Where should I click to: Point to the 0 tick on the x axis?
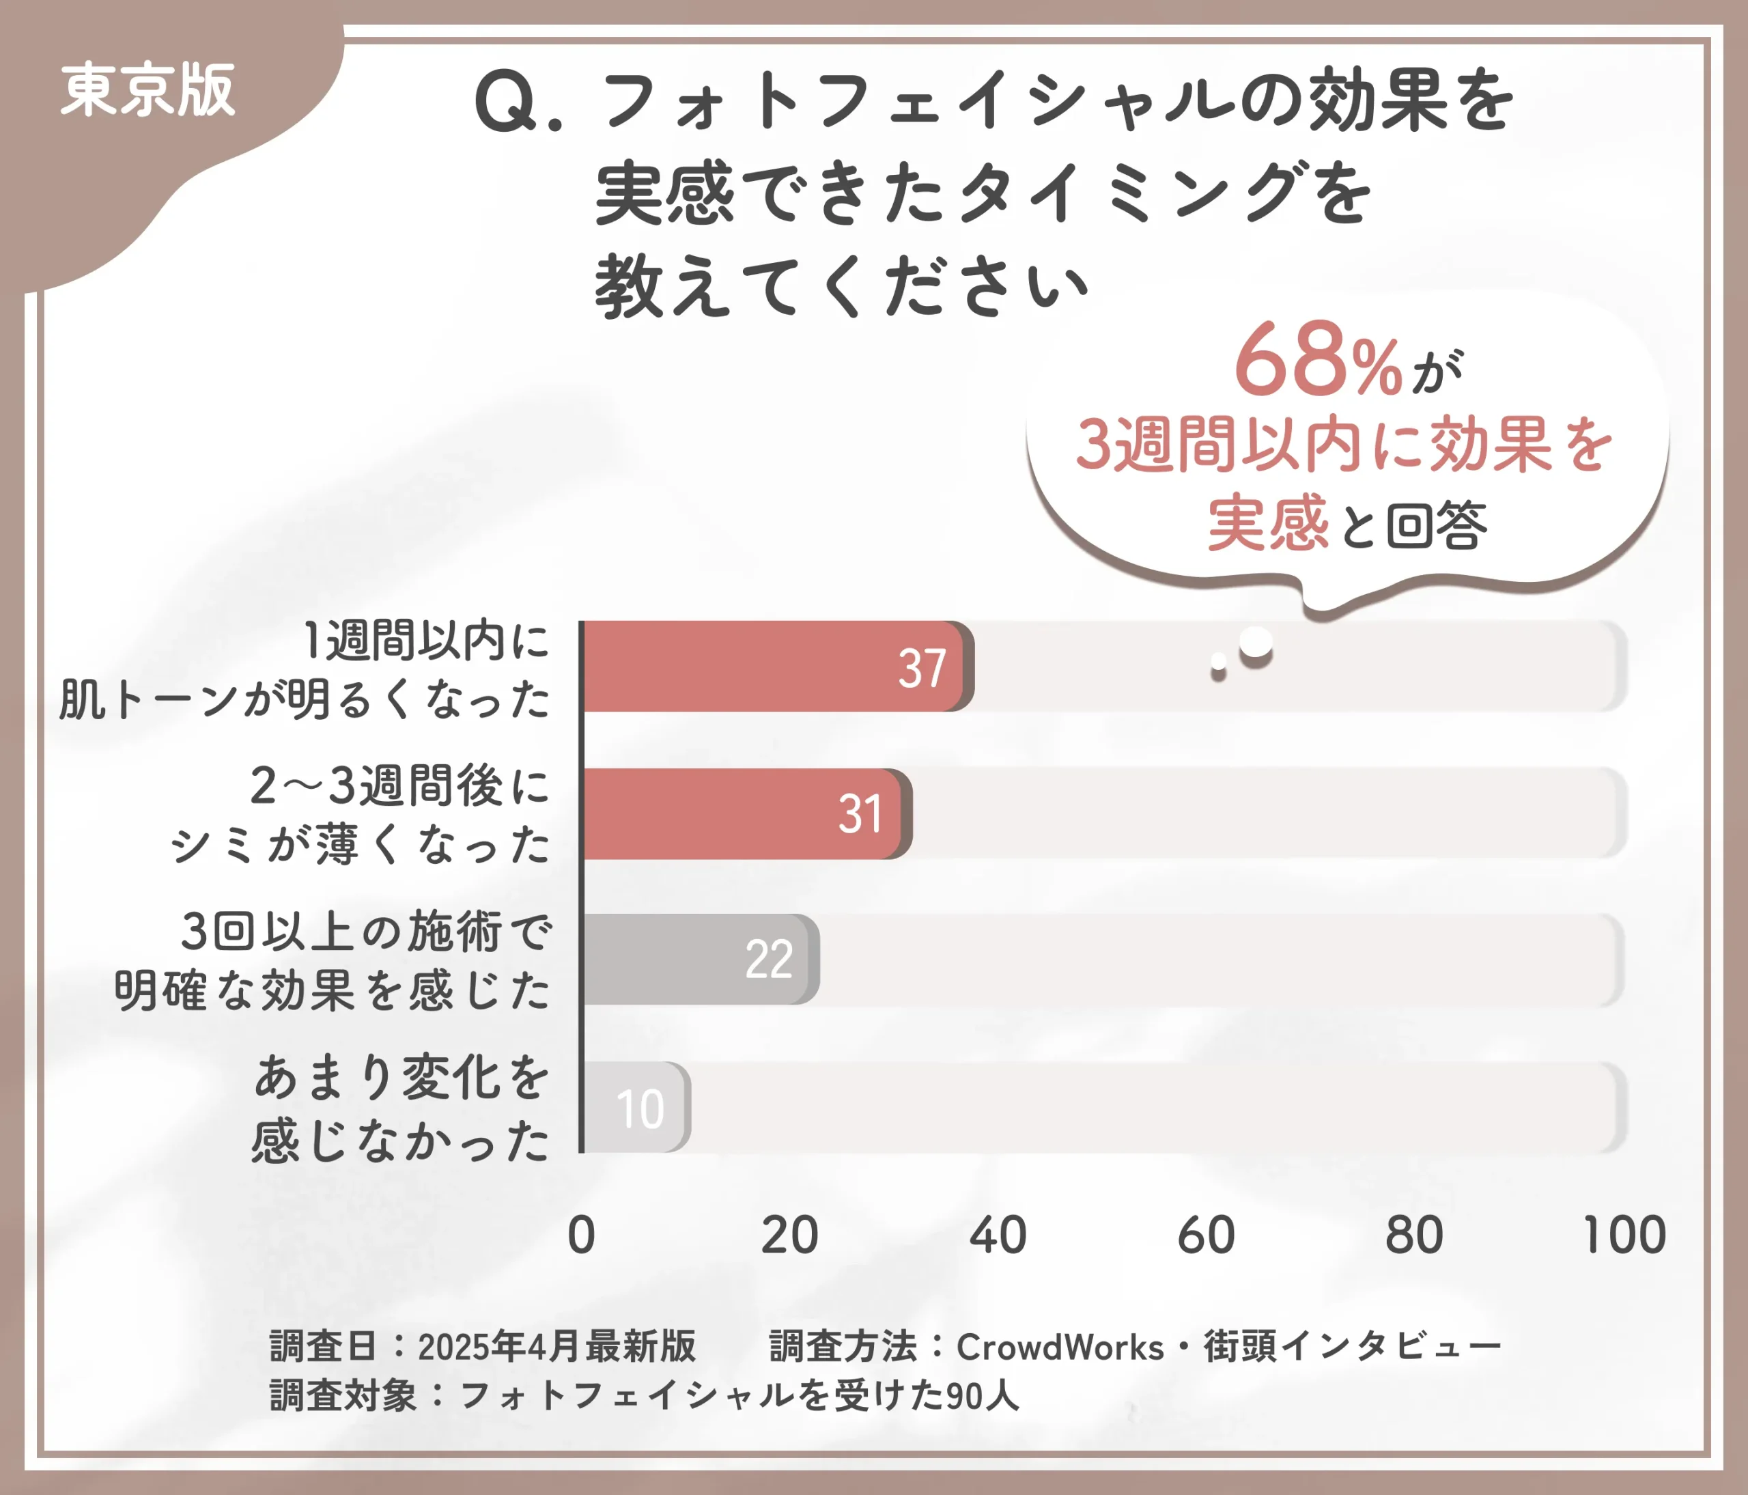(581, 1235)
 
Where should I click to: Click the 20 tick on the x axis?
(789, 1235)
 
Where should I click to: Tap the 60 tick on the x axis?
(1207, 1235)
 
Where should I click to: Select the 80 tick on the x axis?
(1415, 1235)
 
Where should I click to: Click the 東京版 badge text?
(147, 90)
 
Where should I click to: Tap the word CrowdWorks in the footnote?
(1060, 1347)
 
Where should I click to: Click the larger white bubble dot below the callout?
(1255, 643)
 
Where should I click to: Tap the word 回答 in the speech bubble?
(1437, 525)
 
